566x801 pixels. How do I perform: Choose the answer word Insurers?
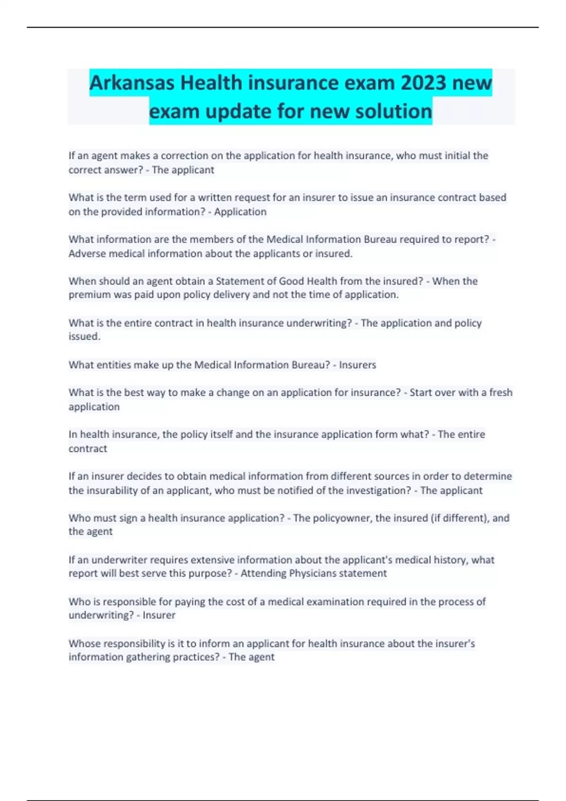click(358, 365)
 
